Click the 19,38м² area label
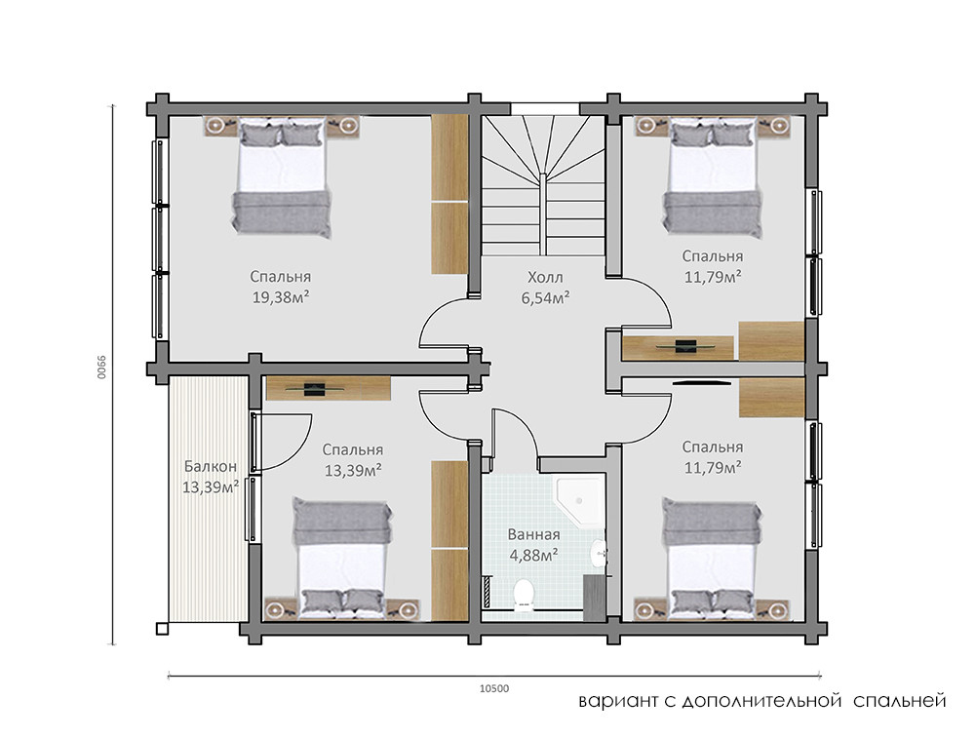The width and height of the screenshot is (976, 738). pos(281,297)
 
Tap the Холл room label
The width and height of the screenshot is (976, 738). pos(545,277)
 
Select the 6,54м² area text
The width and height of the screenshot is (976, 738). pos(546,298)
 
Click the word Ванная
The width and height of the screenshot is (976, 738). pos(533,534)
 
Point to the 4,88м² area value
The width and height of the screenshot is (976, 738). pos(533,555)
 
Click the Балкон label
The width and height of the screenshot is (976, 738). pos(211,466)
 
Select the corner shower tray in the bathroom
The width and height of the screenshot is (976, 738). pos(580,501)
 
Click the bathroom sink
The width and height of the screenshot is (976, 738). pos(598,552)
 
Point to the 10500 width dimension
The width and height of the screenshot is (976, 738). pos(494,688)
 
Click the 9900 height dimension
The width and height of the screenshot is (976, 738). pos(101,368)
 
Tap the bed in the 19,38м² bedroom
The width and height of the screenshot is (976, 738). pos(281,177)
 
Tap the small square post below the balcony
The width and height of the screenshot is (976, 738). pos(161,629)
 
